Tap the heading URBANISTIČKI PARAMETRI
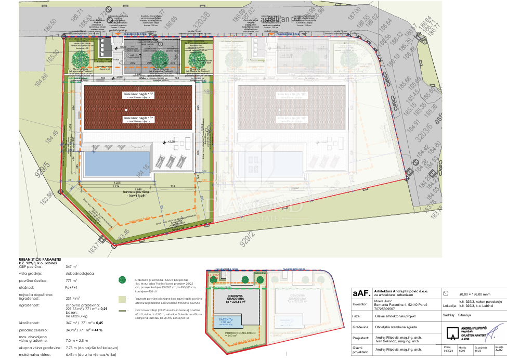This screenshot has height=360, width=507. coord(33,259)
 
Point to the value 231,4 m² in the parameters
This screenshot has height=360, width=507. coord(73,299)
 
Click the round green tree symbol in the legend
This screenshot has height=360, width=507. coord(122,280)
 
